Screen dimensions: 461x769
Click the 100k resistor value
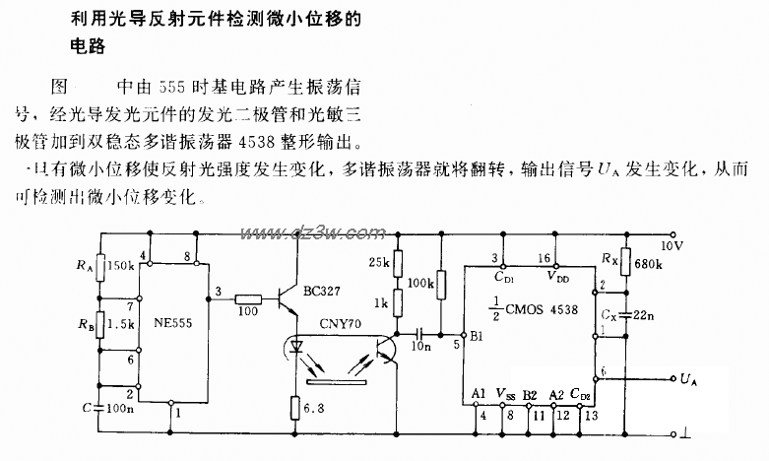(x=420, y=283)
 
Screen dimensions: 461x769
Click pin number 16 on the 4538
(x=545, y=257)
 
